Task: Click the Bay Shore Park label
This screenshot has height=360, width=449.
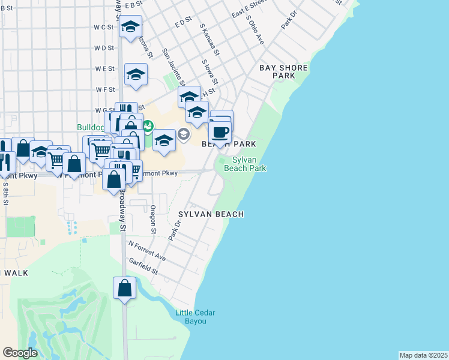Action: click(283, 72)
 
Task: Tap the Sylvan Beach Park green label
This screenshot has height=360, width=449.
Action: click(245, 164)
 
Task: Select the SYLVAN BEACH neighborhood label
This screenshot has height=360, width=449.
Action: click(211, 214)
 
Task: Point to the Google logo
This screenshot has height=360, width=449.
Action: click(20, 353)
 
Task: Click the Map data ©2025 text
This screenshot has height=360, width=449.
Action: click(423, 355)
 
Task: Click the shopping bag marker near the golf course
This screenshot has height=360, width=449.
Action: click(124, 287)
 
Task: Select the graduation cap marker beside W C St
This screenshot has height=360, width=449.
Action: click(130, 27)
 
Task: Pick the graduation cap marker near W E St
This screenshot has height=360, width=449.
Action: click(136, 75)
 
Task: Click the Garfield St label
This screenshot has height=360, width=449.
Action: click(143, 267)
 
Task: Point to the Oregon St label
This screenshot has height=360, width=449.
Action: click(154, 219)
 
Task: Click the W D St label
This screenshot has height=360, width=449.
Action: click(104, 48)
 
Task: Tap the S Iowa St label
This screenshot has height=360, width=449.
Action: click(209, 71)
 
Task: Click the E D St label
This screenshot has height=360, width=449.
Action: click(182, 22)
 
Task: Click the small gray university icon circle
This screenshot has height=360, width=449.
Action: click(184, 134)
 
